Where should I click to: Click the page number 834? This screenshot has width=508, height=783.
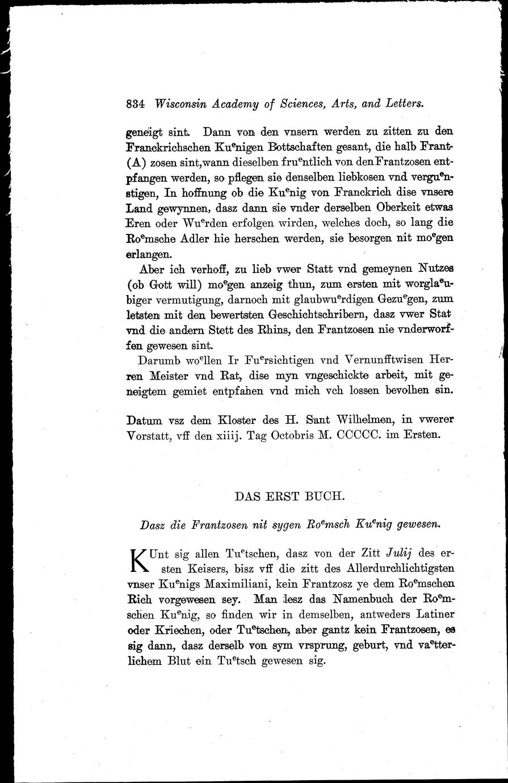[136, 104]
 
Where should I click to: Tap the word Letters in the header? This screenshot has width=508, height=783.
[403, 104]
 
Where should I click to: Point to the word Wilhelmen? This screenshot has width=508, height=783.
[360, 421]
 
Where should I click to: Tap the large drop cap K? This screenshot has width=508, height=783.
[138, 561]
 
